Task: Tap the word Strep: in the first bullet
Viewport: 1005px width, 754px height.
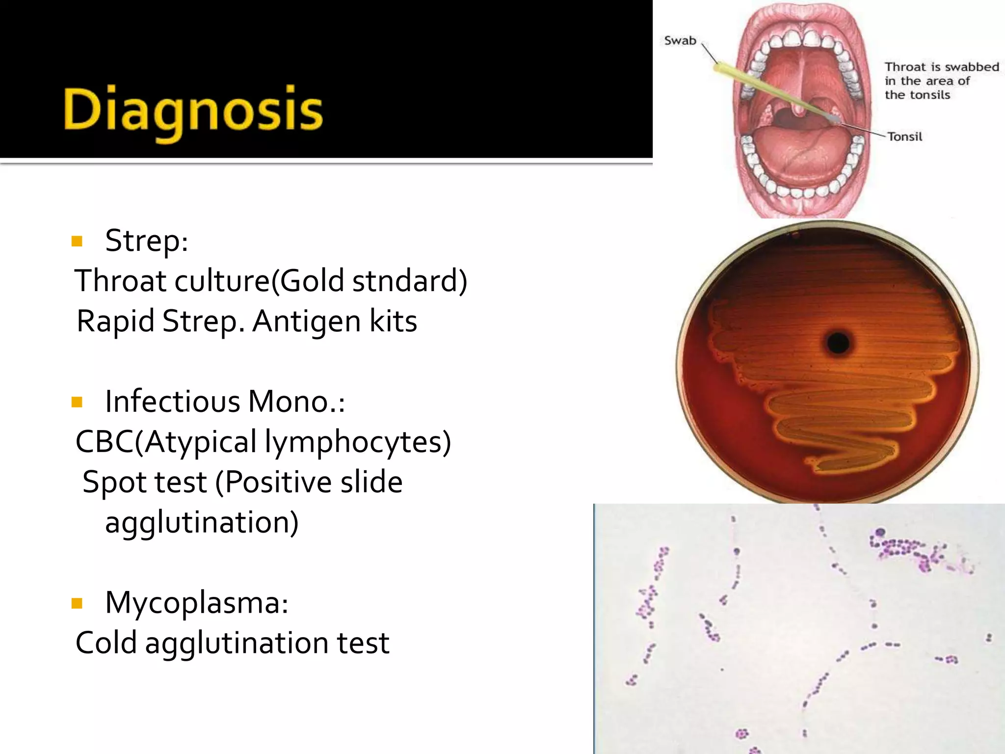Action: click(x=147, y=241)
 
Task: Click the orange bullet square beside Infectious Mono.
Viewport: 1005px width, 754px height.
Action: click(x=77, y=403)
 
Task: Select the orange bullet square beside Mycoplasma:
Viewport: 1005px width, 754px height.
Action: click(x=77, y=603)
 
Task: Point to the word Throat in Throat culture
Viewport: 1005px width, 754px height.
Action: click(x=121, y=281)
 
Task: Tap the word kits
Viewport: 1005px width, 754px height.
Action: click(x=393, y=322)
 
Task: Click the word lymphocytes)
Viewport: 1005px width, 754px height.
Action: click(x=357, y=442)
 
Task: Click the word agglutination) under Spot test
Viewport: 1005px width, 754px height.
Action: click(x=202, y=523)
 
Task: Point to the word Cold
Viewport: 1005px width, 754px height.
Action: click(x=106, y=643)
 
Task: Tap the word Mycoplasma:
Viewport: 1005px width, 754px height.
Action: click(x=197, y=603)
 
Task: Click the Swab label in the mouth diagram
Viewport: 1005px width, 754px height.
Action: click(x=680, y=41)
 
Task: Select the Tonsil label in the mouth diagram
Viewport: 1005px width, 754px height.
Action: click(x=905, y=136)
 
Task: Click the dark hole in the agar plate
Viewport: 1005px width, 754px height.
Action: click(x=839, y=343)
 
